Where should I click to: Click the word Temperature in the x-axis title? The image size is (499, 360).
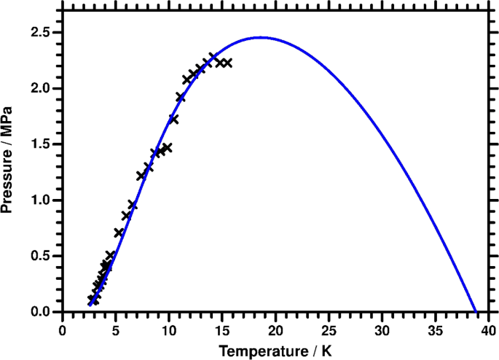point(259,351)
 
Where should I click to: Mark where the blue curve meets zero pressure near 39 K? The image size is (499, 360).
point(475,311)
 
